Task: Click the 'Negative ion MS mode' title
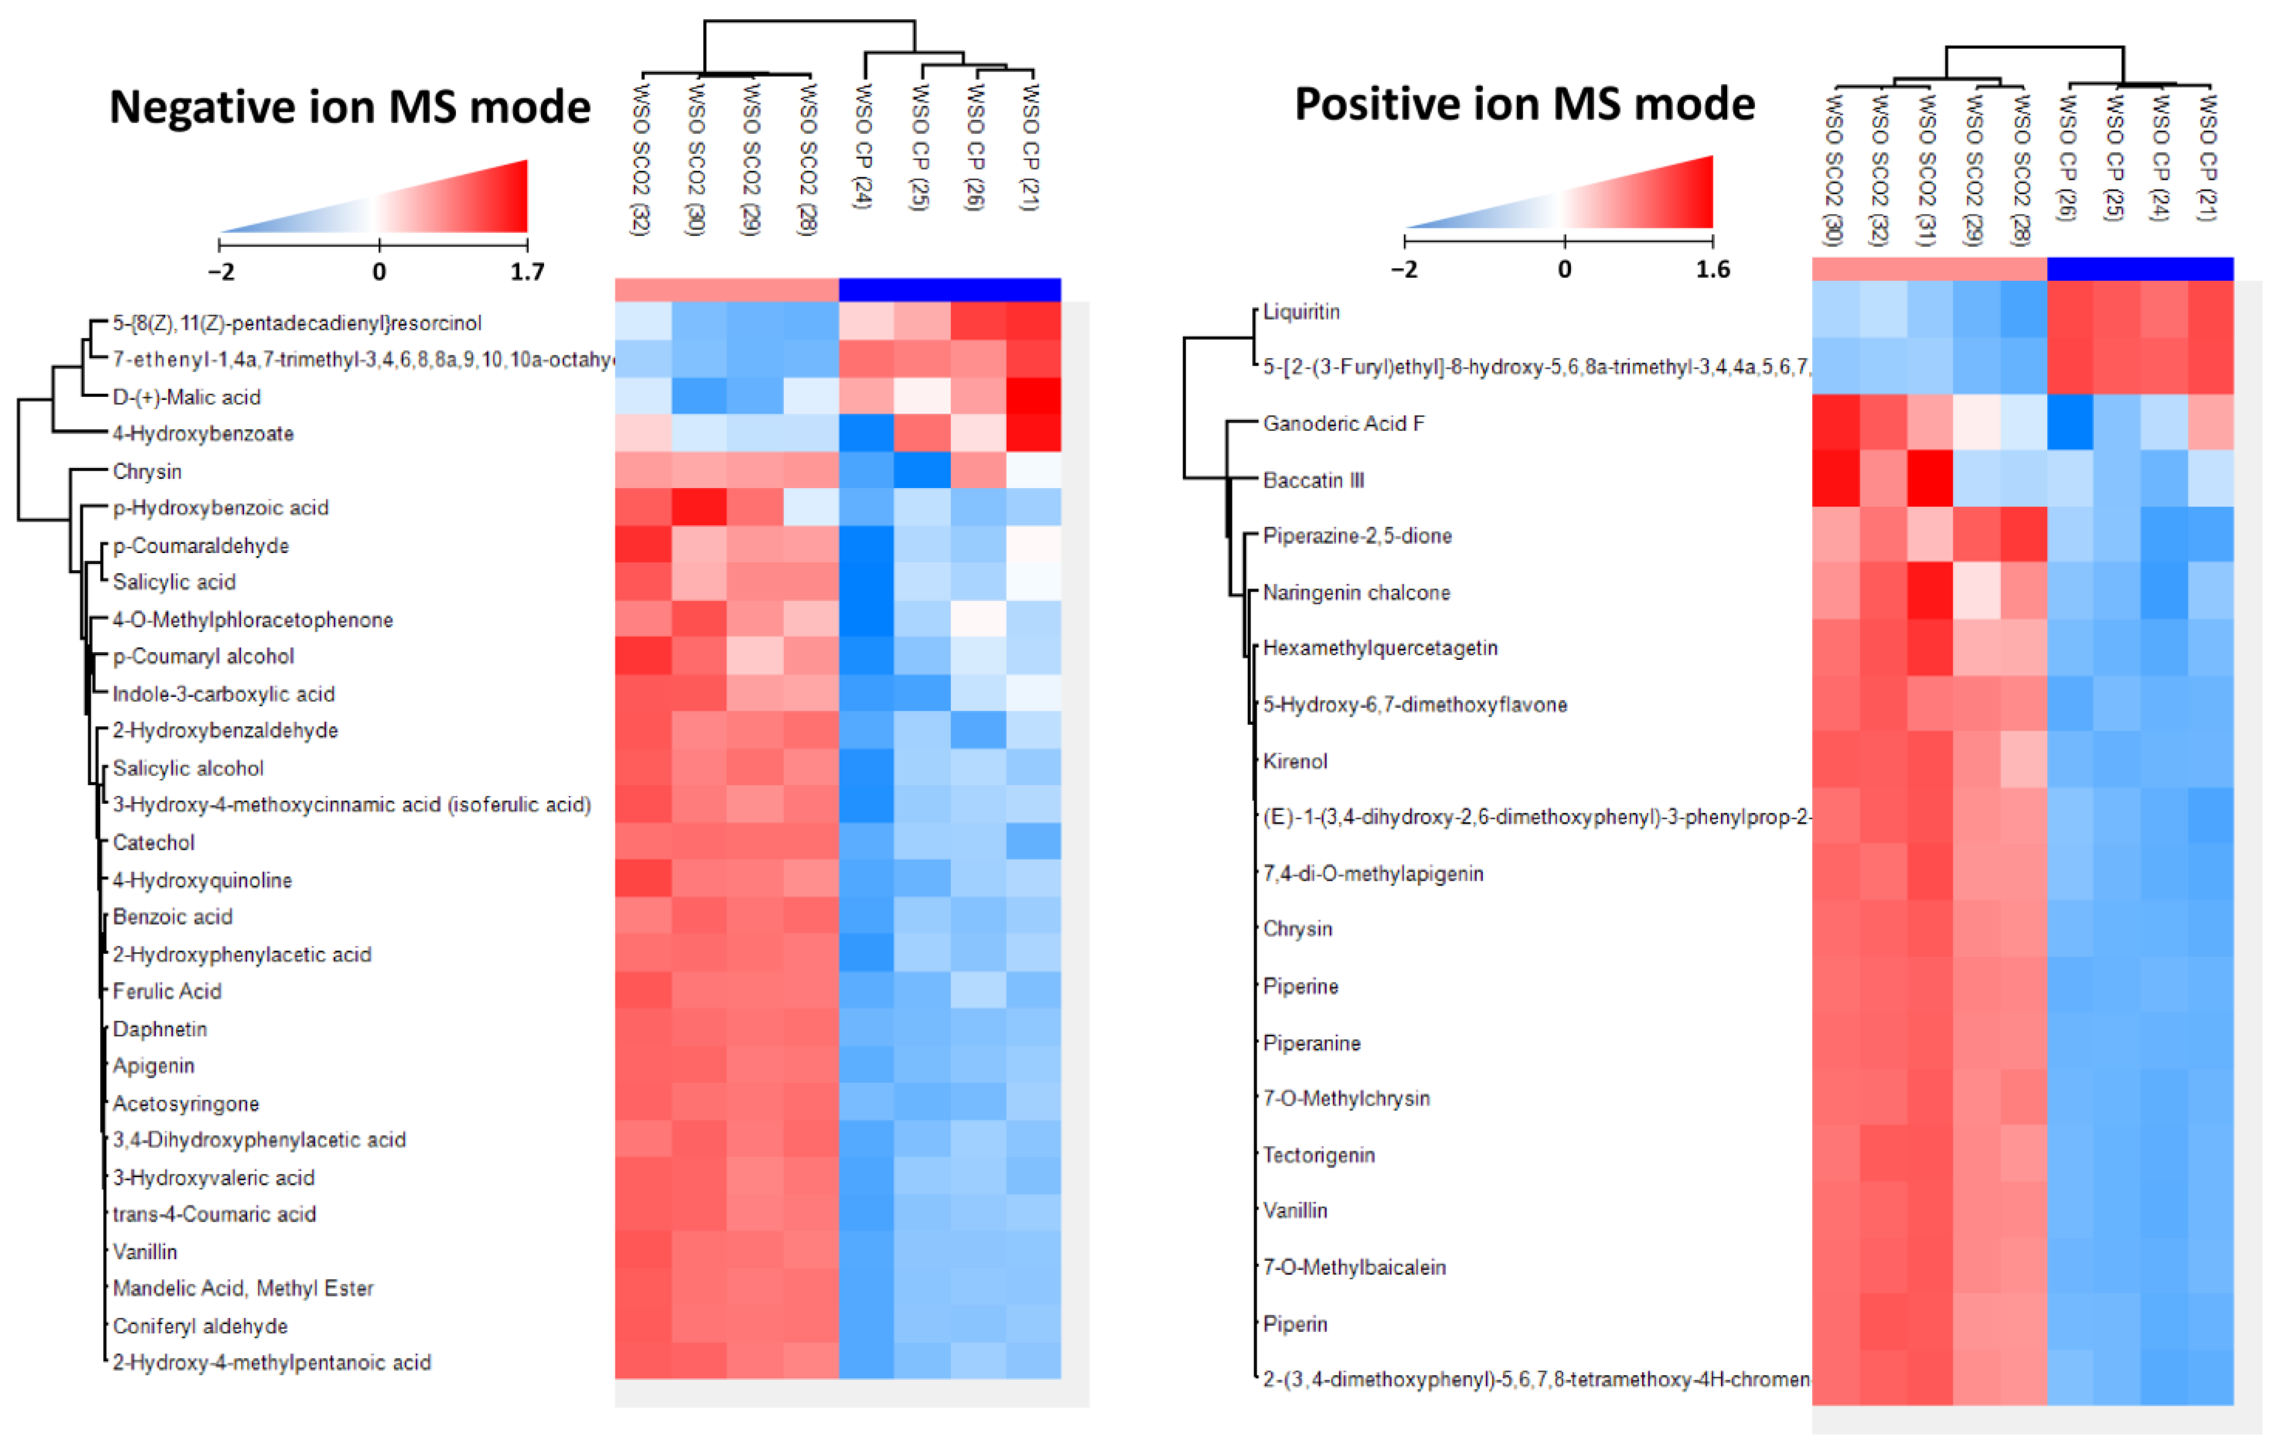[x=349, y=107]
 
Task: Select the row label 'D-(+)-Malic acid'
[x=187, y=397]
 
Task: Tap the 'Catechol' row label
[x=154, y=842]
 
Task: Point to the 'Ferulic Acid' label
[x=166, y=991]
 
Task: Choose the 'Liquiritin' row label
[x=1301, y=312]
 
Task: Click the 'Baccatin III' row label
[x=1313, y=480]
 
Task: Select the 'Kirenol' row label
[x=1294, y=760]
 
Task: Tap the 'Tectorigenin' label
[x=1318, y=1155]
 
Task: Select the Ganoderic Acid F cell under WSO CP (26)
[x=2070, y=423]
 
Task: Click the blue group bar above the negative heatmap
[x=950, y=289]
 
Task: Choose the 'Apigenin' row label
[x=154, y=1065]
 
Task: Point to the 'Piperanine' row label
[x=1311, y=1043]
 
